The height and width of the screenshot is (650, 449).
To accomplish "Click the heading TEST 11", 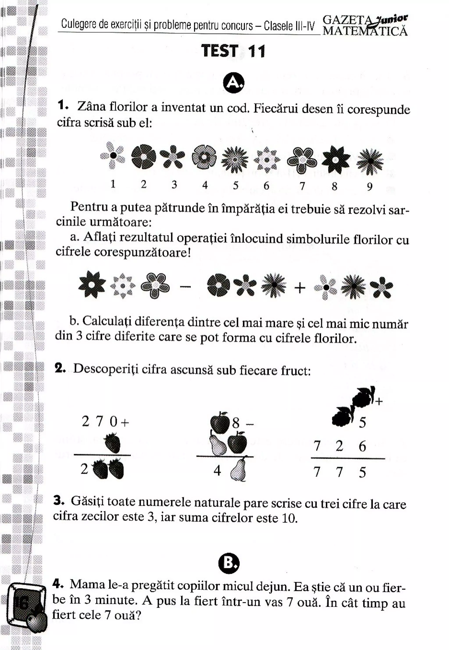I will pos(233,51).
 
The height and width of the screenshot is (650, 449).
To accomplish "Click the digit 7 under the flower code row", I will pos(302,186).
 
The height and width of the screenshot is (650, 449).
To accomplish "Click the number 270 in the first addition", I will pos(99,422).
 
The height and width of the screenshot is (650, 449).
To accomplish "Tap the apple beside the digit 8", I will pos(220,422).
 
